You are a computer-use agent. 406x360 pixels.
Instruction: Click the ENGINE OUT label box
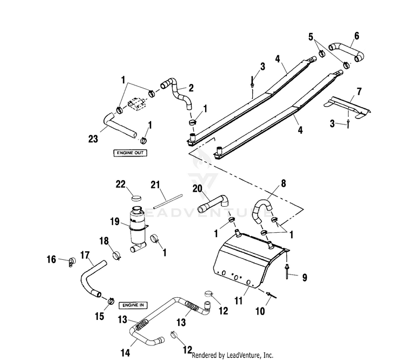(x=130, y=153)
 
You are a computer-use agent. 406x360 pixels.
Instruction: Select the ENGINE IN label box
(x=133, y=305)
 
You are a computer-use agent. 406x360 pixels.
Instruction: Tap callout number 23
(x=93, y=139)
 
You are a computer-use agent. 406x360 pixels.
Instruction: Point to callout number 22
(x=120, y=185)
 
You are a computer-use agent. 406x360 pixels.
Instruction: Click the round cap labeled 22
(x=136, y=198)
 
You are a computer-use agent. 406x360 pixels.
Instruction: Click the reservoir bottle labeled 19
(x=138, y=229)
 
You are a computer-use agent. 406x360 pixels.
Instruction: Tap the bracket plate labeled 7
(x=348, y=108)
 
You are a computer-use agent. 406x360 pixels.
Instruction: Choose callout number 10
(x=260, y=311)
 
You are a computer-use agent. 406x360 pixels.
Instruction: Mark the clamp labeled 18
(x=117, y=255)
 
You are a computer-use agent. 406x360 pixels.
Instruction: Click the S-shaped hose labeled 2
(x=177, y=93)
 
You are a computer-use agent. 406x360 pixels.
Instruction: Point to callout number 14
(x=125, y=352)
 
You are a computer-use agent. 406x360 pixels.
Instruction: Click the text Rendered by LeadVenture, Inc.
(x=232, y=355)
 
